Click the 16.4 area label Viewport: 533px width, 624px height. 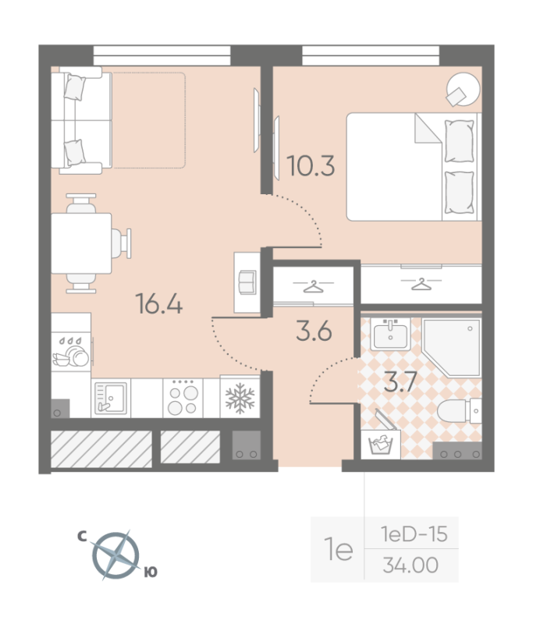(x=159, y=303)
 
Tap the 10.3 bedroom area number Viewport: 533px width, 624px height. (x=311, y=165)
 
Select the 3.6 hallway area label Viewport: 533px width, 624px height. (x=314, y=331)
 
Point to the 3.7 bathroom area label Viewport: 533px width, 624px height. (x=400, y=381)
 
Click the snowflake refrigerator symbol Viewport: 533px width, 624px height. (x=240, y=399)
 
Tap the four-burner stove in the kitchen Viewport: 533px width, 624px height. (x=183, y=398)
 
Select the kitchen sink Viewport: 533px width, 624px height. (x=111, y=398)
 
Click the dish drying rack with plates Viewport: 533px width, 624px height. (x=71, y=353)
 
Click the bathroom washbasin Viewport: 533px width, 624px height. (x=390, y=335)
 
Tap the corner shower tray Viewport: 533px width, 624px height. (x=452, y=347)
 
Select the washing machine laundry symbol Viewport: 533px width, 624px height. (x=381, y=445)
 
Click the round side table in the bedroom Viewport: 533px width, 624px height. (x=464, y=89)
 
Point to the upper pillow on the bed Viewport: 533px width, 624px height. (x=460, y=141)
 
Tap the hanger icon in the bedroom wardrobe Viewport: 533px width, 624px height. (x=421, y=284)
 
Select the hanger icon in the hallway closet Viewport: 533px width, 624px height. (x=313, y=286)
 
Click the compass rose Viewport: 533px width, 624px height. (x=115, y=555)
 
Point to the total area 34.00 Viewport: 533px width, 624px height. (x=410, y=565)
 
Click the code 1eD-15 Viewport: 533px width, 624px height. (x=414, y=534)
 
